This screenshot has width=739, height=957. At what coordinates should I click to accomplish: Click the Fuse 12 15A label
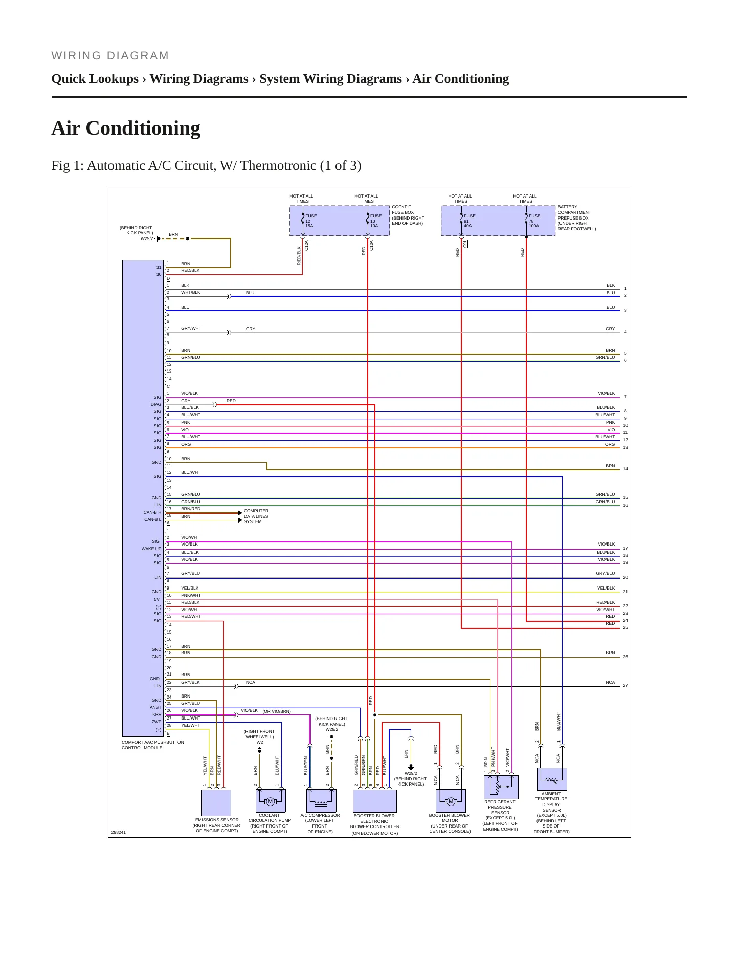click(x=311, y=221)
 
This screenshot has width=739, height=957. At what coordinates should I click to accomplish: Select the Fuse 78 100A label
click(x=534, y=221)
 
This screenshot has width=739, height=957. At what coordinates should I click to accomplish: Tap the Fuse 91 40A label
click(x=469, y=221)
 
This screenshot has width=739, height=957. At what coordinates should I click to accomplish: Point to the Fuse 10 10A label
click(x=376, y=221)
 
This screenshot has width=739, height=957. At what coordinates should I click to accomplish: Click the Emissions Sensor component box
click(x=216, y=802)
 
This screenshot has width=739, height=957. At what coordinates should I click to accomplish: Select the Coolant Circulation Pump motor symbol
click(x=271, y=801)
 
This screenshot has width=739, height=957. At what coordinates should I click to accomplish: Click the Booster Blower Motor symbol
click(x=451, y=801)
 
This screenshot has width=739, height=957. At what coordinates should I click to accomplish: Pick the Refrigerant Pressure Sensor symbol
click(x=501, y=787)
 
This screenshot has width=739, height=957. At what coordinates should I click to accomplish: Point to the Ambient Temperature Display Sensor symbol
click(x=552, y=779)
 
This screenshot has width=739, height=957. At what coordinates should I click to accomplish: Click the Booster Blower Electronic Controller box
click(x=375, y=801)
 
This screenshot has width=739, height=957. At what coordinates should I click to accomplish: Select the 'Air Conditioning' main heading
click(x=126, y=128)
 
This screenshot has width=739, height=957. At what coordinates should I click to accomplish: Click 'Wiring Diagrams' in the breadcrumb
click(x=199, y=79)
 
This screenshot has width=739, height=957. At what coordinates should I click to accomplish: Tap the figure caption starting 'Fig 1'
click(x=206, y=166)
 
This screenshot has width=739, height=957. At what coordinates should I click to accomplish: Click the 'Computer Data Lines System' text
click(x=256, y=516)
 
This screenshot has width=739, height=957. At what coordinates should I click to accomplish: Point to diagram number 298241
click(x=118, y=832)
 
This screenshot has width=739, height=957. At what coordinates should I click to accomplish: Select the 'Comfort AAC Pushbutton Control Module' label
click(x=153, y=745)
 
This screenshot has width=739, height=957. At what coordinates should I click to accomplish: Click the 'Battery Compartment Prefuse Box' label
click(x=577, y=218)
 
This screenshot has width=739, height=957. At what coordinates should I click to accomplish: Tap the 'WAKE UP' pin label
click(x=151, y=549)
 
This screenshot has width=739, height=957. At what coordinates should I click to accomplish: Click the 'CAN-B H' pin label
click(x=152, y=512)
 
